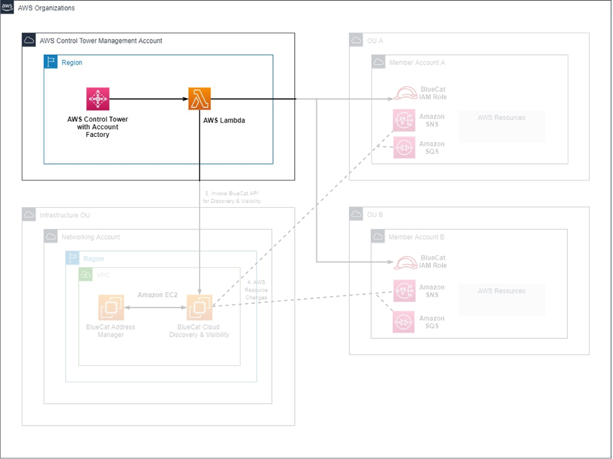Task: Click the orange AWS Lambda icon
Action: point(200,99)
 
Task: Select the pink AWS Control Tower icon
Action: point(98,99)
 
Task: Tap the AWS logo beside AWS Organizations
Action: point(7,8)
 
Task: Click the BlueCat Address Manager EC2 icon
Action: point(111,308)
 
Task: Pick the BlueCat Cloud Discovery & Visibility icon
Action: point(200,308)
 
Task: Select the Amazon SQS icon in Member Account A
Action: point(404,148)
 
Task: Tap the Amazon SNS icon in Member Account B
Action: point(404,291)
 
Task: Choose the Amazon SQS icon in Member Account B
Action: point(404,322)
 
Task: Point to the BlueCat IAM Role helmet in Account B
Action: point(405,262)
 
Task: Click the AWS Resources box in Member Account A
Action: point(501,126)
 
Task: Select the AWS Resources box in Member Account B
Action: point(501,299)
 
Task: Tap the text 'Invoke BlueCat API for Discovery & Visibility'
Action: point(233,197)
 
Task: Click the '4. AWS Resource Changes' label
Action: point(256,289)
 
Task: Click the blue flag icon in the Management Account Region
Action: point(51,62)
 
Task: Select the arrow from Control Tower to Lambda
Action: point(148,99)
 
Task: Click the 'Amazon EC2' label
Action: point(157,294)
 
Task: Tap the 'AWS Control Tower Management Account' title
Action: point(100,41)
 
